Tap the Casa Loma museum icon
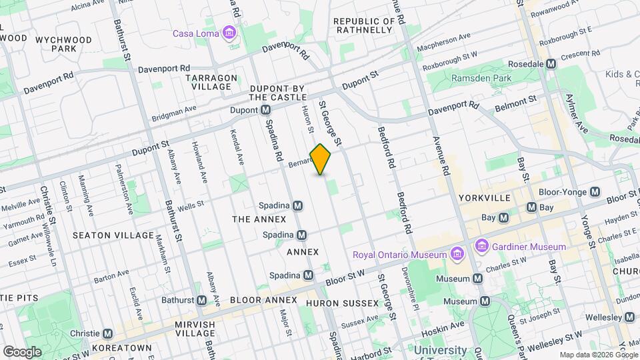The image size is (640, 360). [229, 33]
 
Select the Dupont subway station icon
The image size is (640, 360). [265, 109]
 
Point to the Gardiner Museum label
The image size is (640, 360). [529, 247]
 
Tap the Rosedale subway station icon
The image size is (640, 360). [551, 64]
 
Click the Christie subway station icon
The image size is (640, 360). [108, 333]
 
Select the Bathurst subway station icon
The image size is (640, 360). [201, 300]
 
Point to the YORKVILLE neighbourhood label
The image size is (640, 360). [485, 198]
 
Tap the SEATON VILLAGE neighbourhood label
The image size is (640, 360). [113, 235]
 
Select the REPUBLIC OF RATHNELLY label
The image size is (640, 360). [363, 25]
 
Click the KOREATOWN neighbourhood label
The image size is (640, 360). [121, 348]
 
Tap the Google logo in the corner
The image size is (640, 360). [22, 351]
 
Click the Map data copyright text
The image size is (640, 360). [597, 355]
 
